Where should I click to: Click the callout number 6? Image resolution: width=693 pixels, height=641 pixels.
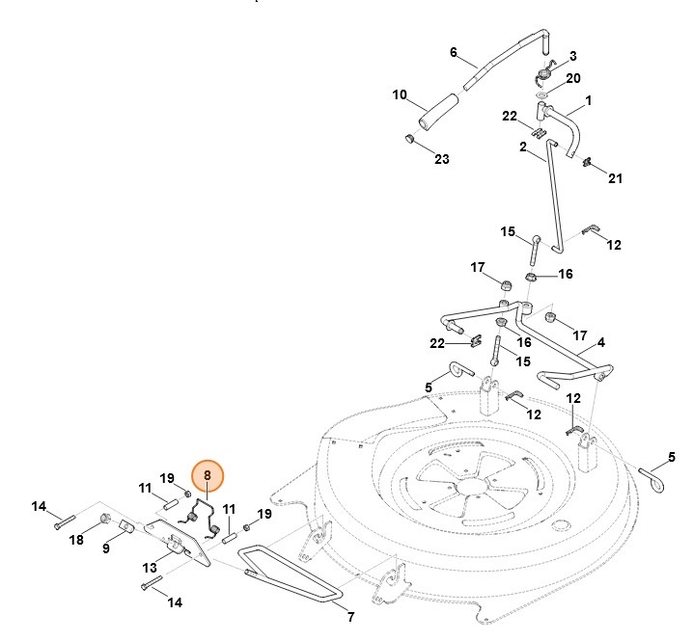click(453, 52)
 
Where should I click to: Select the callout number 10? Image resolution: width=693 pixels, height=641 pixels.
click(399, 94)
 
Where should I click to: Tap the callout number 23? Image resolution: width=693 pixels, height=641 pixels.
click(441, 159)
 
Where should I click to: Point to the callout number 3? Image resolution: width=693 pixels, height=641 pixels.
click(572, 56)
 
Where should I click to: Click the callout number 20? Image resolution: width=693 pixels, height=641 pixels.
click(572, 78)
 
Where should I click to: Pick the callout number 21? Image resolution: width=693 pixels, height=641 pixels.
click(615, 179)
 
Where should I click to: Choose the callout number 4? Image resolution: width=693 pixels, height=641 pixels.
click(600, 342)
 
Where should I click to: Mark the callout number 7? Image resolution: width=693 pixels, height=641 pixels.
click(350, 616)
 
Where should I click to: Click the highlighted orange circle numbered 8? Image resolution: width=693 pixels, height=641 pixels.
click(207, 476)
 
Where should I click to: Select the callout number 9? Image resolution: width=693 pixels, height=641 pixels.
click(106, 548)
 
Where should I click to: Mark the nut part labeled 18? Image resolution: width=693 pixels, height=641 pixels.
click(103, 521)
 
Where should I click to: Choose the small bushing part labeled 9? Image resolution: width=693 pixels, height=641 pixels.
click(125, 526)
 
